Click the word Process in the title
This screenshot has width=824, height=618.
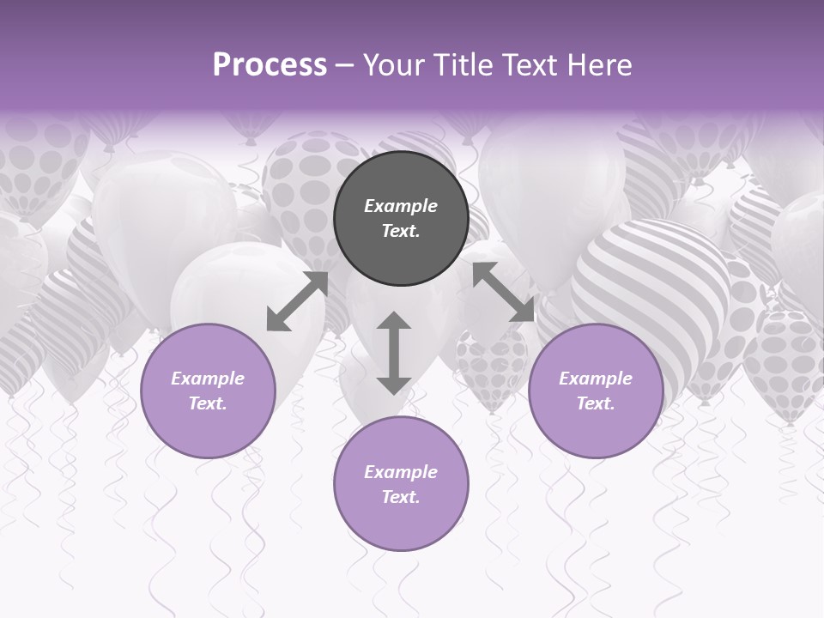click(270, 65)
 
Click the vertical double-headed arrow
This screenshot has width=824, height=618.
click(394, 354)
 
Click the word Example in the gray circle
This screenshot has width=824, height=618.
click(401, 206)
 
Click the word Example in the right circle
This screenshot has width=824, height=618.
click(596, 379)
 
